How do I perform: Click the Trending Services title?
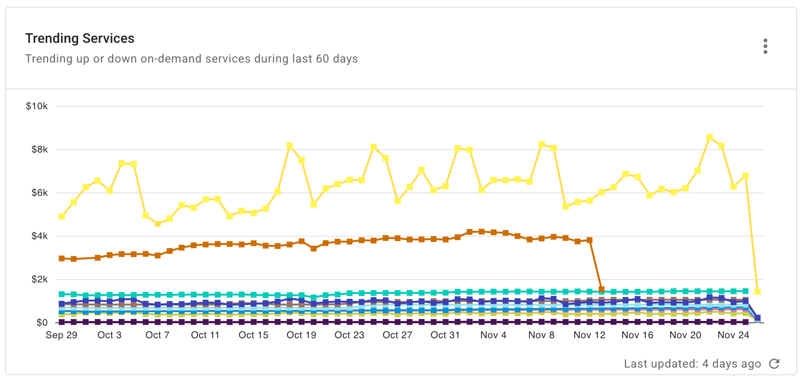(x=80, y=38)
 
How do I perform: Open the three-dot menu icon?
(x=765, y=46)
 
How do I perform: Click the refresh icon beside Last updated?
(x=774, y=364)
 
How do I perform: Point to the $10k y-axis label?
(x=37, y=106)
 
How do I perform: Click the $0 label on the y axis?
(x=42, y=323)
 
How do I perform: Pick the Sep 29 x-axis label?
(x=62, y=335)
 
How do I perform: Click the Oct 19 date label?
(x=301, y=335)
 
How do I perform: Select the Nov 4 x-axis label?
(x=493, y=335)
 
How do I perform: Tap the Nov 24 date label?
(x=733, y=335)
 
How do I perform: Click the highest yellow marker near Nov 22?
(x=710, y=138)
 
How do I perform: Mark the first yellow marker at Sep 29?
(x=62, y=216)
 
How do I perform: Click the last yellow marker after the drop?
(x=757, y=292)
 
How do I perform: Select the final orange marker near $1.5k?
(x=602, y=290)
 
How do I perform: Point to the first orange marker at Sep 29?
(x=62, y=258)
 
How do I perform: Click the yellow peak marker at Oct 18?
(x=289, y=145)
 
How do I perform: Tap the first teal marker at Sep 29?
(x=62, y=294)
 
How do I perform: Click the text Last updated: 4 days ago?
(x=692, y=364)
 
